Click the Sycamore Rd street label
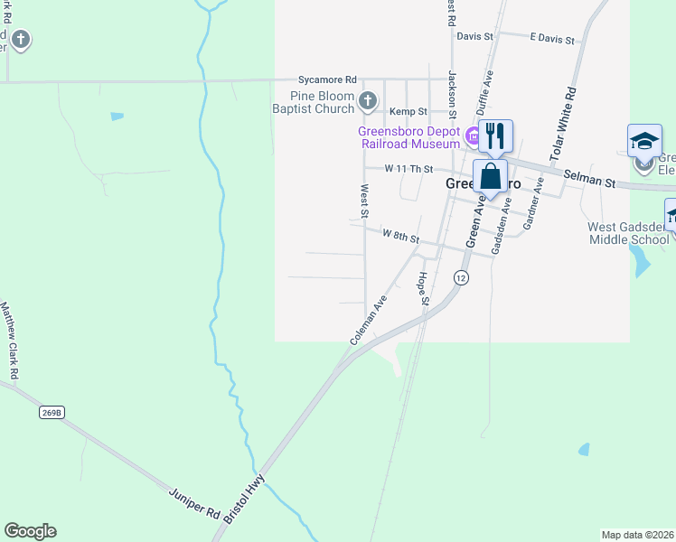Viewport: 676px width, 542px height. click(330, 79)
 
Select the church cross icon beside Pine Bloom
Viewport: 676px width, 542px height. click(367, 101)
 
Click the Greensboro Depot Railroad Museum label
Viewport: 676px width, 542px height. click(409, 136)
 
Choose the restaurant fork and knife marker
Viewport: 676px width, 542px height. click(494, 136)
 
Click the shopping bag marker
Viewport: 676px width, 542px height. click(490, 176)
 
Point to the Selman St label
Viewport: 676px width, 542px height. click(588, 179)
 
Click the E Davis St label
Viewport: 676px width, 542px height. click(552, 39)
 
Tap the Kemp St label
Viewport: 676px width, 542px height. click(408, 112)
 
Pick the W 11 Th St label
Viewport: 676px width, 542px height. click(409, 169)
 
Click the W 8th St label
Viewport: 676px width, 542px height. click(401, 236)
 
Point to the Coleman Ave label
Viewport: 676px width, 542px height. click(369, 319)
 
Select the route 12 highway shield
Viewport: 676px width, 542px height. click(462, 277)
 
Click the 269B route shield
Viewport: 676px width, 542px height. click(52, 413)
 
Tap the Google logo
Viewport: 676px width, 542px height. click(30, 531)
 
